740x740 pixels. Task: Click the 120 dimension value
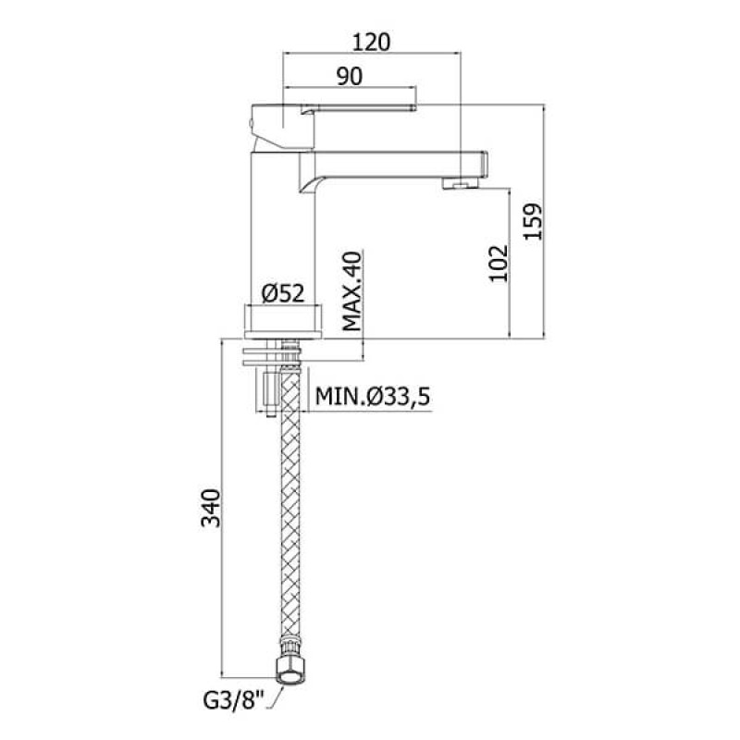point(372,42)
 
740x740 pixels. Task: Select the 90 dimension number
point(350,77)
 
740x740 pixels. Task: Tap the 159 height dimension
point(534,221)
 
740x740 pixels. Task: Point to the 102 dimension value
point(499,264)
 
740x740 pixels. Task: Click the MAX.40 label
point(352,291)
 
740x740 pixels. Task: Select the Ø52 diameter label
point(283,293)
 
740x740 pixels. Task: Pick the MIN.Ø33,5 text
point(373,397)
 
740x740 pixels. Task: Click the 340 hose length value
point(211,508)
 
